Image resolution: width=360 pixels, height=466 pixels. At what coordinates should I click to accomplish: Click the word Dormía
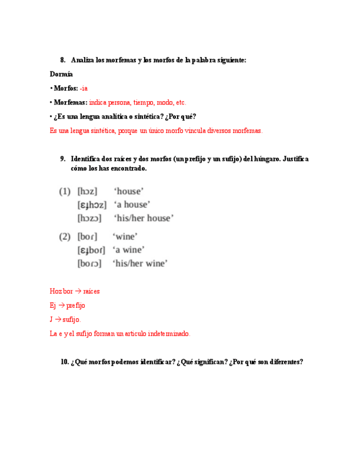[60, 74]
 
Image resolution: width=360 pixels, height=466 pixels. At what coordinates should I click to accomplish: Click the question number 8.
[63, 60]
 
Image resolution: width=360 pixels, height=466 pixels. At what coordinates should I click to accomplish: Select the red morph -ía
[84, 88]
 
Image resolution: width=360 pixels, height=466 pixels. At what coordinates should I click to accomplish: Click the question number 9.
[63, 159]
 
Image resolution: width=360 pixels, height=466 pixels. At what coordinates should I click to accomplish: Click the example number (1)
[65, 191]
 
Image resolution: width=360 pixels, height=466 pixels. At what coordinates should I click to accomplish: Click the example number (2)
[65, 237]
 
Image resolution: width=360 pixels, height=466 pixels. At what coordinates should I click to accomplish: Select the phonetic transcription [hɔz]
[87, 191]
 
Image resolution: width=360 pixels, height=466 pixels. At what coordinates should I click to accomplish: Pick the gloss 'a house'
[131, 205]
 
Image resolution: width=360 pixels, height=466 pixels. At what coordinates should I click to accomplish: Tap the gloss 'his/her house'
[143, 218]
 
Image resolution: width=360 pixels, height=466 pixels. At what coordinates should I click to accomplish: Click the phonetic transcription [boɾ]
[87, 237]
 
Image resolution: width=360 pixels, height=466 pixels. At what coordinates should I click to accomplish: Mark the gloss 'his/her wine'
[141, 264]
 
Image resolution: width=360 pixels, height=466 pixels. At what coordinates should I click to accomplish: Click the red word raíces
[91, 291]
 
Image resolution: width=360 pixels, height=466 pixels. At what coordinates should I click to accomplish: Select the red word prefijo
[76, 306]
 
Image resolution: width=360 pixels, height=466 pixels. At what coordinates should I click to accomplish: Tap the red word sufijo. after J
[73, 319]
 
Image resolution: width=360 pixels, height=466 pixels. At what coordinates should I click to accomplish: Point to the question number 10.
[64, 362]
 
